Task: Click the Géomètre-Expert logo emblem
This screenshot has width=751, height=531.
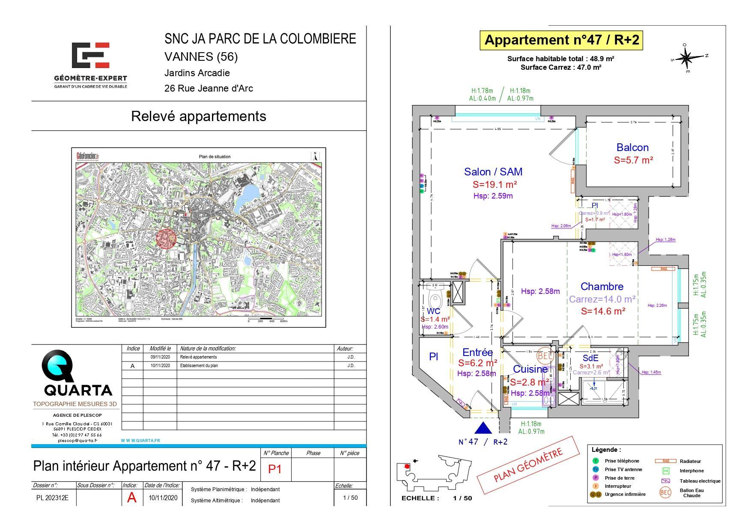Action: pyautogui.click(x=90, y=55)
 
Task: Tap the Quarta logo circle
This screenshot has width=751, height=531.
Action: pyautogui.click(x=57, y=366)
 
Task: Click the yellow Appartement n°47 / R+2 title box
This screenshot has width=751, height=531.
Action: pyautogui.click(x=561, y=40)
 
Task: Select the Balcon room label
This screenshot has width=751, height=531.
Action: pyautogui.click(x=632, y=147)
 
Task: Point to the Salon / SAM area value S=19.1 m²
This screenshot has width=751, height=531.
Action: pyautogui.click(x=495, y=184)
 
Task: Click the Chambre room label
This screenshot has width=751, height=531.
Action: pyautogui.click(x=602, y=286)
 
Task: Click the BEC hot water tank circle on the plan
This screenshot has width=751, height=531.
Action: pyautogui.click(x=545, y=355)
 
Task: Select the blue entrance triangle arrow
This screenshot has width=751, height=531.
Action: pyautogui.click(x=483, y=428)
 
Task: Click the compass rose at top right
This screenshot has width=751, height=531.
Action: pyautogui.click(x=687, y=57)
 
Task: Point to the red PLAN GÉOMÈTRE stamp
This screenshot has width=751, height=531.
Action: pyautogui.click(x=530, y=465)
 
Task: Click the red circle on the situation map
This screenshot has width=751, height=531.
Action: pyautogui.click(x=166, y=238)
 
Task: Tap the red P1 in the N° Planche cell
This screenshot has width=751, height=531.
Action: pyautogui.click(x=274, y=469)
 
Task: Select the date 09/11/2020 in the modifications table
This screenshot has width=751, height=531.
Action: pyautogui.click(x=160, y=357)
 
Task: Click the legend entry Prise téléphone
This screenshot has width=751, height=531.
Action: pyautogui.click(x=622, y=461)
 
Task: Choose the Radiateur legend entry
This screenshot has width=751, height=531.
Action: pyautogui.click(x=690, y=461)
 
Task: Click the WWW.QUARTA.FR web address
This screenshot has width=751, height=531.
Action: pyautogui.click(x=140, y=440)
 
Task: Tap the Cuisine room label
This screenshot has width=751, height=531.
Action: pyautogui.click(x=530, y=369)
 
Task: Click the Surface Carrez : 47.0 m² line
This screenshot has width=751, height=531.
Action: pyautogui.click(x=561, y=67)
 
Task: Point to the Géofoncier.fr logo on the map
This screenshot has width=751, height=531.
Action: pyautogui.click(x=88, y=156)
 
